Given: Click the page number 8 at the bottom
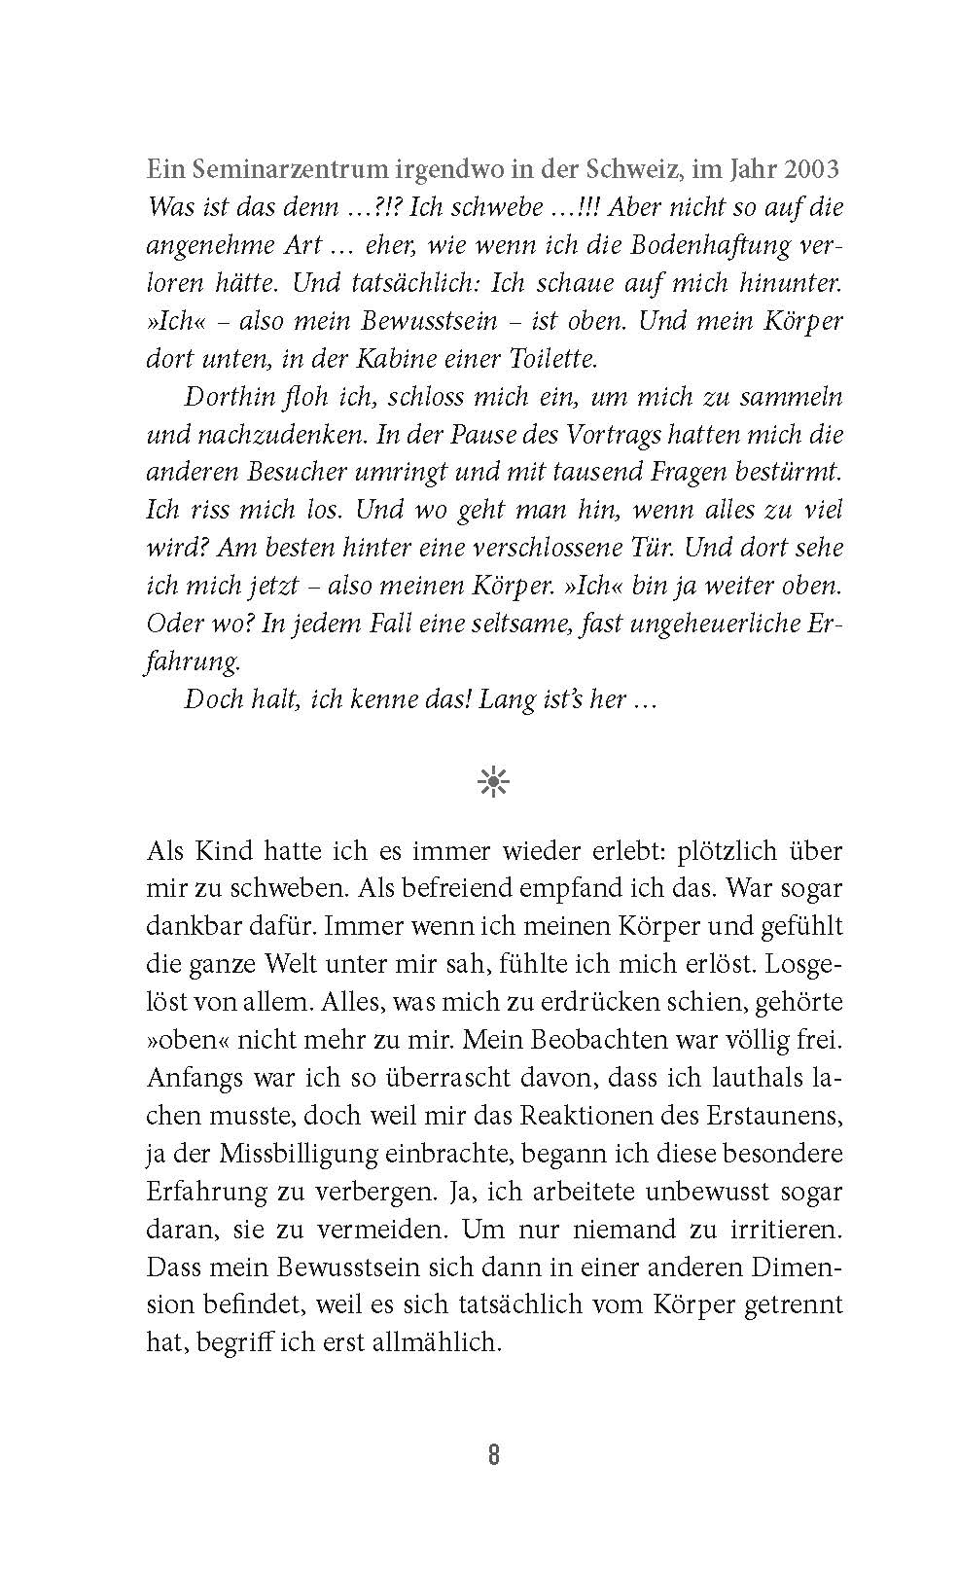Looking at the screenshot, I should point(493,1455).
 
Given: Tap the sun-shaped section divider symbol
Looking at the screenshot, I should point(493,782).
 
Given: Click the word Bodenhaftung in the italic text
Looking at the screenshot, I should point(711,244).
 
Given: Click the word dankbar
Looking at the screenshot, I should point(188,925).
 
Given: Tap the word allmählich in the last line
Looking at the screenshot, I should point(440,1342).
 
